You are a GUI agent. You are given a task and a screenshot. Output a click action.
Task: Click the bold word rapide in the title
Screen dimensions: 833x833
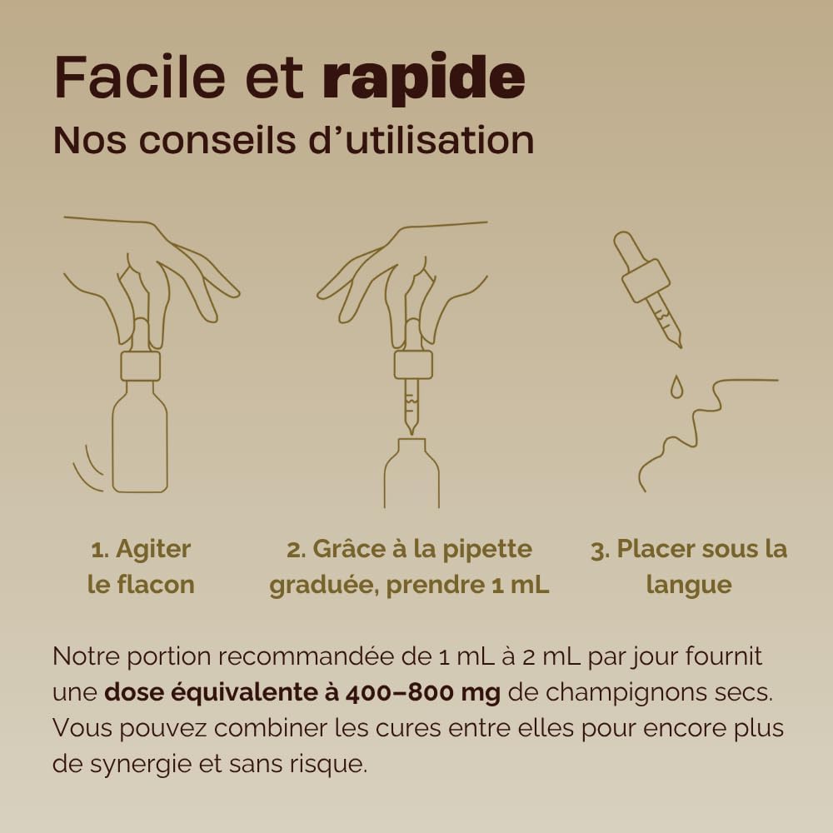[424, 78]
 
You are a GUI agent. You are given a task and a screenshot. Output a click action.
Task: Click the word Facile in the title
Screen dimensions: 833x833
[140, 77]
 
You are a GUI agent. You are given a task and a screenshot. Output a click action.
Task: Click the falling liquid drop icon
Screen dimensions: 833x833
[676, 387]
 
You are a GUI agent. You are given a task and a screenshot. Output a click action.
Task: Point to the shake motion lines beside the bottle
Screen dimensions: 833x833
[87, 470]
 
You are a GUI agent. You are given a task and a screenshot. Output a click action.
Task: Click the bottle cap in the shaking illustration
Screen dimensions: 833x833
[140, 366]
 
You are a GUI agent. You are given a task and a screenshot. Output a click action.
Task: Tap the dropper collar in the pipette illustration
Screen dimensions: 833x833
[413, 365]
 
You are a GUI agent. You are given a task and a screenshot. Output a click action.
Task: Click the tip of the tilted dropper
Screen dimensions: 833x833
[680, 346]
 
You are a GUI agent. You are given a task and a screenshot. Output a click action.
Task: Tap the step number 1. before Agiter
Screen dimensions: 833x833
[100, 550]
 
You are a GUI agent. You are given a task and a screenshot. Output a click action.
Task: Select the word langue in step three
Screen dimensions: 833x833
[689, 586]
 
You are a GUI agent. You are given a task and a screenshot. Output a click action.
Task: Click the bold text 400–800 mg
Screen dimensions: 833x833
[423, 693]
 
